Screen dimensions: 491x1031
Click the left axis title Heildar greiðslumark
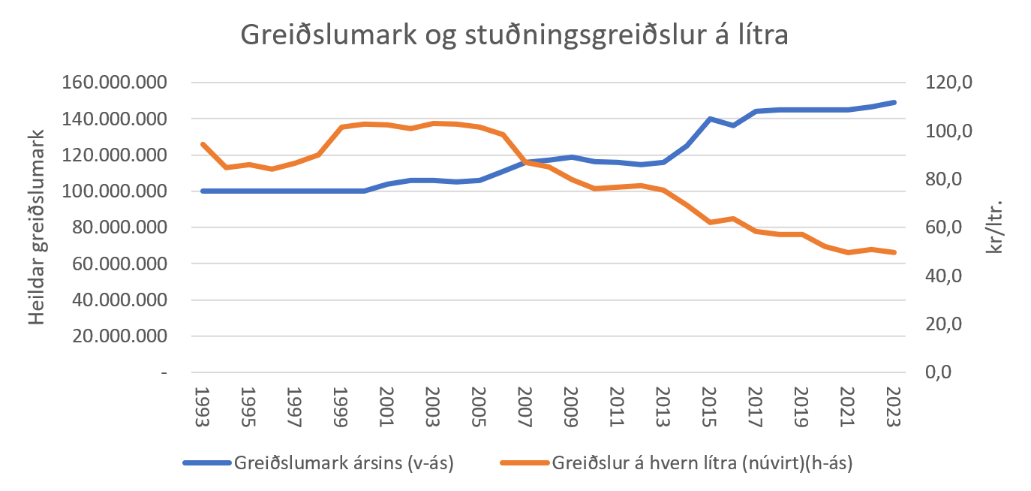38,227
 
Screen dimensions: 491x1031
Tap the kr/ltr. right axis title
996,227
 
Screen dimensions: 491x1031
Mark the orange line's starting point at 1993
203,144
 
